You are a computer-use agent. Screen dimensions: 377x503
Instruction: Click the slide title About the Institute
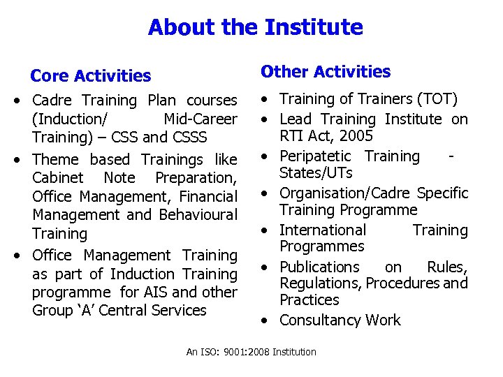(x=255, y=28)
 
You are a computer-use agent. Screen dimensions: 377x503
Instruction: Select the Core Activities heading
(x=91, y=75)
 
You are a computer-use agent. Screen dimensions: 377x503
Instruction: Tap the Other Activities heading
(x=326, y=72)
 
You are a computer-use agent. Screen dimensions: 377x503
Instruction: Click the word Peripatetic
(x=319, y=156)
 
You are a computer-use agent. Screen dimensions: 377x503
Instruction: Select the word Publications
(x=319, y=267)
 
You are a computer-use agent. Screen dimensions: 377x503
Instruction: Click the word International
(x=322, y=230)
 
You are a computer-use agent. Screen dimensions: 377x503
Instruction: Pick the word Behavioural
(x=198, y=215)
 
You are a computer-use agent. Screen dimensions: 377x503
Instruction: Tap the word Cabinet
(x=58, y=178)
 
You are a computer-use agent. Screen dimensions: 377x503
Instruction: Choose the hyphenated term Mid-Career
(x=200, y=119)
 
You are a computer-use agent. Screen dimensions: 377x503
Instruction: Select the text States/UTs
(x=316, y=172)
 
